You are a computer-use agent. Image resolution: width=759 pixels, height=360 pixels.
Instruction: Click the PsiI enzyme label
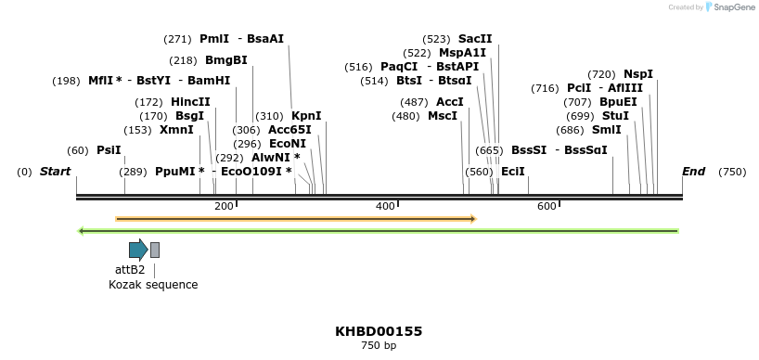tap(109, 150)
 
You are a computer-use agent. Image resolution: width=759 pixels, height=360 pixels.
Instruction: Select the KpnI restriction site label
tap(306, 116)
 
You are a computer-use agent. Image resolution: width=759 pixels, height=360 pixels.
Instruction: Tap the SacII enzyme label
tap(475, 39)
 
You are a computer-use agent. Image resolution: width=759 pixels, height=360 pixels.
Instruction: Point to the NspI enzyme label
tap(638, 74)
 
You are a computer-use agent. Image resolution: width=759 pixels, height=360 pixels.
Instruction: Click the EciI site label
tap(513, 172)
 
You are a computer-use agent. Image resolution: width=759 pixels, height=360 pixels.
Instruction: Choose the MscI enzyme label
tap(443, 116)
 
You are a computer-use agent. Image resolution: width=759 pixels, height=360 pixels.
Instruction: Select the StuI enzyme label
tap(615, 116)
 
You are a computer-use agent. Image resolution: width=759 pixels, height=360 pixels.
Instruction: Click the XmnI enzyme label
tap(176, 130)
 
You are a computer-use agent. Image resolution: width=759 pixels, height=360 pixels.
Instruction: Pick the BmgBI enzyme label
tap(226, 60)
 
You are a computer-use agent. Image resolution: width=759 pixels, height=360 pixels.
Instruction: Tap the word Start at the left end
tap(55, 172)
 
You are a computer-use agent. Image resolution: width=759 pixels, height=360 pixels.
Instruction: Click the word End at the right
tap(693, 172)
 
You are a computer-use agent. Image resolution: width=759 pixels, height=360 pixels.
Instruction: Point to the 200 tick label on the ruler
tap(224, 206)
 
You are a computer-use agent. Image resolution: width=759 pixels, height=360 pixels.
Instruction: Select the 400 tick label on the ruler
tap(385, 206)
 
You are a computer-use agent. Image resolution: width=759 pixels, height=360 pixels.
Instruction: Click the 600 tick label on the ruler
tap(547, 206)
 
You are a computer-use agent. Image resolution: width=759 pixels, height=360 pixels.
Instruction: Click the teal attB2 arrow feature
tap(138, 249)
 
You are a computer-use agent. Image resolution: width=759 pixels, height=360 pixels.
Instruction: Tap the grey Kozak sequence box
tap(155, 250)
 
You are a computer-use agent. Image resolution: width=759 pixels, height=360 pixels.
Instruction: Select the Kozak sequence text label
tap(153, 285)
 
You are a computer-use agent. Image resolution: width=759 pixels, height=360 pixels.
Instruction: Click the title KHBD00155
tap(379, 331)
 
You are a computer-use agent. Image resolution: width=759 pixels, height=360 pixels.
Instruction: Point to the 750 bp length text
tap(379, 346)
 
